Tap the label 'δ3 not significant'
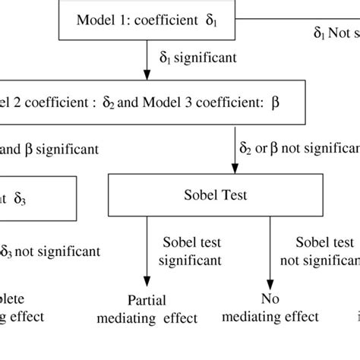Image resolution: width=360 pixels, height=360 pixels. (50, 251)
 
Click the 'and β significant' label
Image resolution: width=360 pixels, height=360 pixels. (50, 149)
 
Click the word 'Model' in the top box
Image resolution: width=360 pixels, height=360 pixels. (93, 21)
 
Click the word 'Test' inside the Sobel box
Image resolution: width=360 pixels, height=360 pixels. (216, 196)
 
